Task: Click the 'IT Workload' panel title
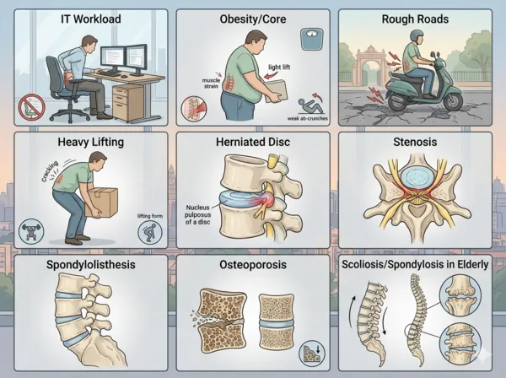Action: click(91, 19)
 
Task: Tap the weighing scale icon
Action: click(312, 39)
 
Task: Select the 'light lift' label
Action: click(279, 67)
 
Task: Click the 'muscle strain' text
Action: click(212, 84)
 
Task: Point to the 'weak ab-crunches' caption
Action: click(308, 118)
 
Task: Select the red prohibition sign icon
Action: click(32, 107)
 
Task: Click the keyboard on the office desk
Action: click(109, 73)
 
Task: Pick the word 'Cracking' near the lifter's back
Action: click(50, 171)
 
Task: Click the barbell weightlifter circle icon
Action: click(31, 231)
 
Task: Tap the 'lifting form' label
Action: click(150, 216)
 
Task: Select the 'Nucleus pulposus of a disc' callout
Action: click(198, 214)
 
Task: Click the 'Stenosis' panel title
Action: click(415, 142)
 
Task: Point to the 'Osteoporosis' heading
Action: click(253, 265)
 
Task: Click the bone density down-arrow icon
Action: click(312, 354)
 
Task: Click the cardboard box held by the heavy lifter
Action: click(101, 202)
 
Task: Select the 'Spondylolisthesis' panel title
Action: click(91, 265)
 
